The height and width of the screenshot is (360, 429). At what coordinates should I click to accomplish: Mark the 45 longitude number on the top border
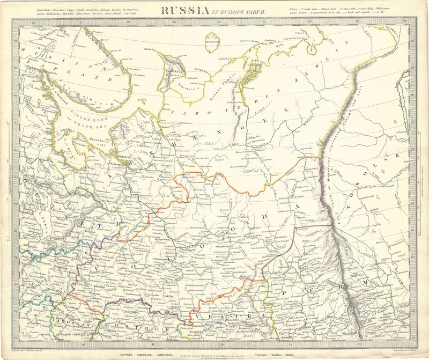click(174, 22)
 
